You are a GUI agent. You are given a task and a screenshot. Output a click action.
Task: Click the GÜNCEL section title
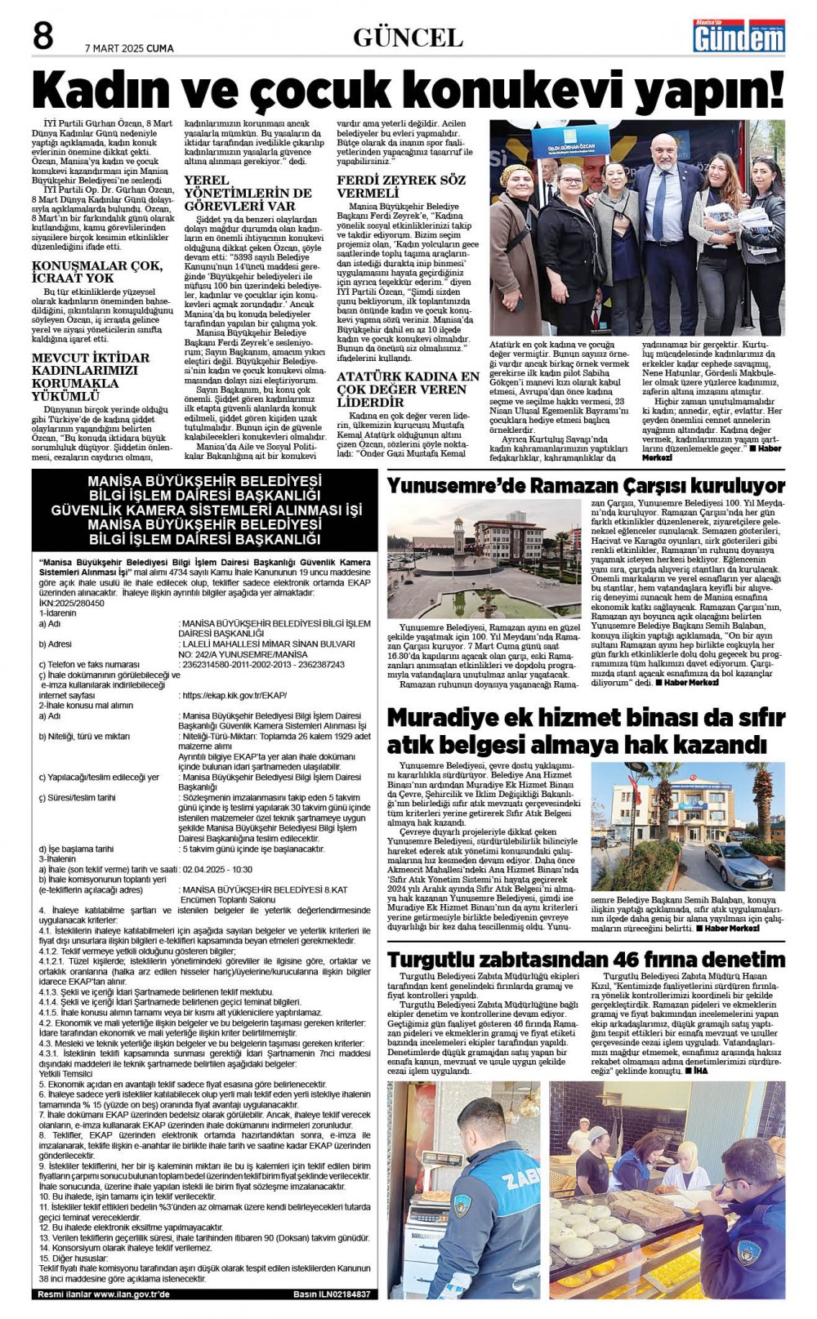[x=408, y=38]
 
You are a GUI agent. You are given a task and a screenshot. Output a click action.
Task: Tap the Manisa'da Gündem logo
[x=739, y=36]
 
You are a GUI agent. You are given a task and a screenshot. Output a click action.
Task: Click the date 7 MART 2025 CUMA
[x=129, y=48]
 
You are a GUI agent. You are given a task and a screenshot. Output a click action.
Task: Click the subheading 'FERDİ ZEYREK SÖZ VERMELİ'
[x=401, y=186]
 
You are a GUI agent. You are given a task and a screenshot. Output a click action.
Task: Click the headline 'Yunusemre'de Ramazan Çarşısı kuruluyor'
[x=586, y=485]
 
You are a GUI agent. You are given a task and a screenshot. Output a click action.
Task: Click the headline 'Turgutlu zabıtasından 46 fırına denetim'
[x=586, y=959]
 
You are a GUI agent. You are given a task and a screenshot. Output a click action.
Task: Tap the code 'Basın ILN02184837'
[x=331, y=1294]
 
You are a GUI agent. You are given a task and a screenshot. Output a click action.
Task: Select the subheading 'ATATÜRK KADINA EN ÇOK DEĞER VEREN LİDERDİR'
[x=408, y=389]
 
